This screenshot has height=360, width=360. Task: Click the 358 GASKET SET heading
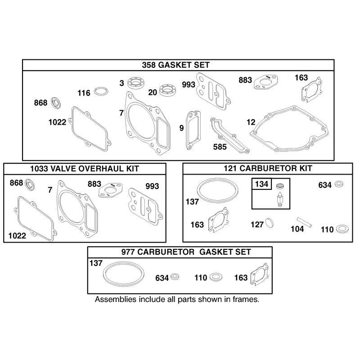point(176,65)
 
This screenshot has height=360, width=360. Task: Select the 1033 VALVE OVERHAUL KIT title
point(85,169)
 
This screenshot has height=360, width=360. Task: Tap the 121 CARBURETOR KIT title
point(268,168)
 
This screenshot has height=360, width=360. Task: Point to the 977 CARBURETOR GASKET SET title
point(186,252)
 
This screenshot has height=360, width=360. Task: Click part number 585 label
point(220,147)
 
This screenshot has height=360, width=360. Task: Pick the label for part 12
point(251,122)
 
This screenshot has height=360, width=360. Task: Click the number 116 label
point(84,93)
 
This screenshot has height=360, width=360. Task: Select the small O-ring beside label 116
point(101,91)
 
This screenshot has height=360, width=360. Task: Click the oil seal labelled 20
point(168,90)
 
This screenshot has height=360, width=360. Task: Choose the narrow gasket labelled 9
point(193,130)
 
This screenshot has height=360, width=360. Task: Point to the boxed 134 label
point(262,184)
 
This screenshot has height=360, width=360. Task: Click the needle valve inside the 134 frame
point(279,199)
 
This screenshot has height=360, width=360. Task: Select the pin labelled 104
point(304,222)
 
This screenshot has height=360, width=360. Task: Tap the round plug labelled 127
point(270,223)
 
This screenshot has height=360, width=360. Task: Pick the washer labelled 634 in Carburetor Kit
point(339,184)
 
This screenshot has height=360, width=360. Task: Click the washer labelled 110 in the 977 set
point(216,277)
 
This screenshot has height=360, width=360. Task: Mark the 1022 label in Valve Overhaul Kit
point(17,235)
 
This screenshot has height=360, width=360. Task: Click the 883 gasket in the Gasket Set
point(265,82)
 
